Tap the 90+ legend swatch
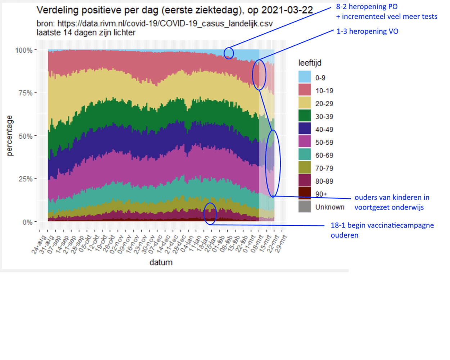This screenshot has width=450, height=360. [x=305, y=193]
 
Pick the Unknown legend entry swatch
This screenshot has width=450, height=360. [x=305, y=207]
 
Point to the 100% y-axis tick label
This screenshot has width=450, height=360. [x=24, y=50]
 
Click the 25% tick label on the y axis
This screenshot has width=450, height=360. [x=26, y=179]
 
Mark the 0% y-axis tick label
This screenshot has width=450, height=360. [x=27, y=222]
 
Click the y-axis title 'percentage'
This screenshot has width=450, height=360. [x=10, y=136]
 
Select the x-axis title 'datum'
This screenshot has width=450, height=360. [x=161, y=262]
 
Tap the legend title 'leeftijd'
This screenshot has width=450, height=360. [x=310, y=63]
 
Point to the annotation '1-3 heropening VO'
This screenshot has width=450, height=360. [x=367, y=31]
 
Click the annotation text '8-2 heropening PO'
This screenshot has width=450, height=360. [x=366, y=6]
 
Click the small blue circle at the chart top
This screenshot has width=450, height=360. [x=229, y=53]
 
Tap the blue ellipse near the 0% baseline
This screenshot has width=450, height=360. [x=210, y=213]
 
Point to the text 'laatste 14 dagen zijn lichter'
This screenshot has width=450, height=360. [x=86, y=33]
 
